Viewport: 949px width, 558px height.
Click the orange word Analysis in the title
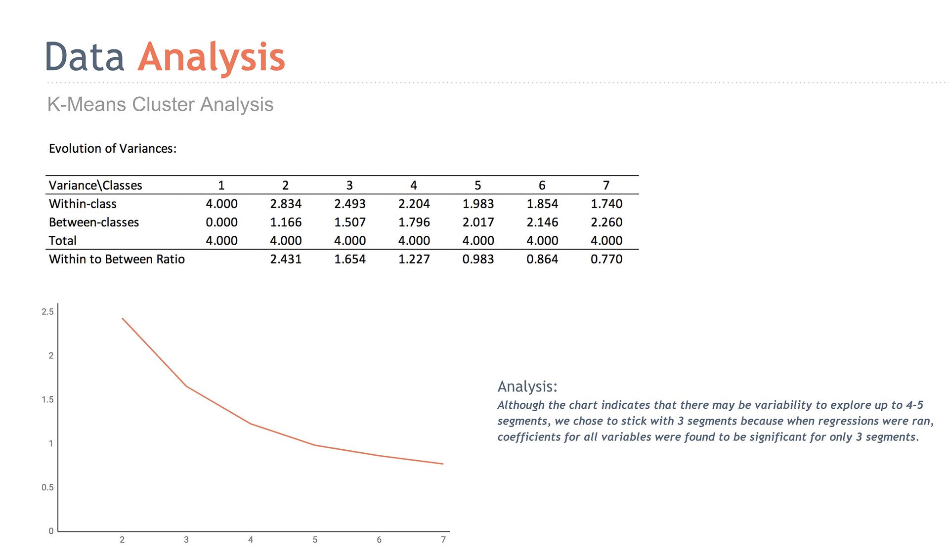(212, 58)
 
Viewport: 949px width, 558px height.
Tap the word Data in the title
(85, 57)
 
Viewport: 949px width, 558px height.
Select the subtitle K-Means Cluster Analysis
(160, 104)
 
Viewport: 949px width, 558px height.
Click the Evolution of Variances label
(113, 148)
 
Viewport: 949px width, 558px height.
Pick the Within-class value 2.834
(286, 204)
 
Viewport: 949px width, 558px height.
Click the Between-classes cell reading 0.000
(221, 222)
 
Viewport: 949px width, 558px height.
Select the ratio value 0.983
(478, 259)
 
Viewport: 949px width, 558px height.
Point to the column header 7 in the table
(606, 185)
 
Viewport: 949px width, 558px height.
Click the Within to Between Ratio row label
(117, 259)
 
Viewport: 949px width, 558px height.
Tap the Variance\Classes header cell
(95, 185)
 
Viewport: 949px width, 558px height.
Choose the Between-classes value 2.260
(606, 222)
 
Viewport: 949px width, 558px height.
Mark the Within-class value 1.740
(606, 204)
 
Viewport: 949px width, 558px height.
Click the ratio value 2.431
(286, 259)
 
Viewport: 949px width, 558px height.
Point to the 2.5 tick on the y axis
(47, 311)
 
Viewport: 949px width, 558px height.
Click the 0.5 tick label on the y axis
(47, 487)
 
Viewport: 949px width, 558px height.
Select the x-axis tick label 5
(315, 540)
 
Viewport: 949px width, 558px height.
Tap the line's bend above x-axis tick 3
(186, 386)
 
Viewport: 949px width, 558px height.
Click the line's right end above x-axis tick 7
(443, 464)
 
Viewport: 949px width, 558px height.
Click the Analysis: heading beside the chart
(527, 386)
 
